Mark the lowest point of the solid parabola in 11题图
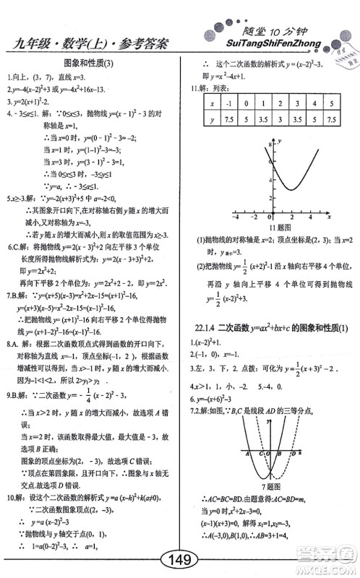[x=289, y=190]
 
